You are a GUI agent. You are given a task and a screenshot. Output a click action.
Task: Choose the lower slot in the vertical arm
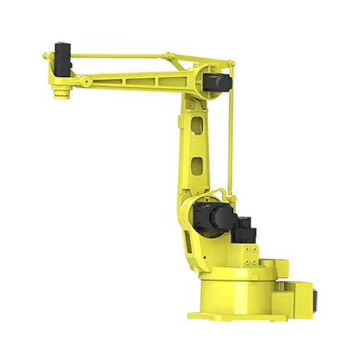tap(196, 167)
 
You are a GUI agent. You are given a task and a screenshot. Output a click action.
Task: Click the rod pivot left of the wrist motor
tap(47, 54)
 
